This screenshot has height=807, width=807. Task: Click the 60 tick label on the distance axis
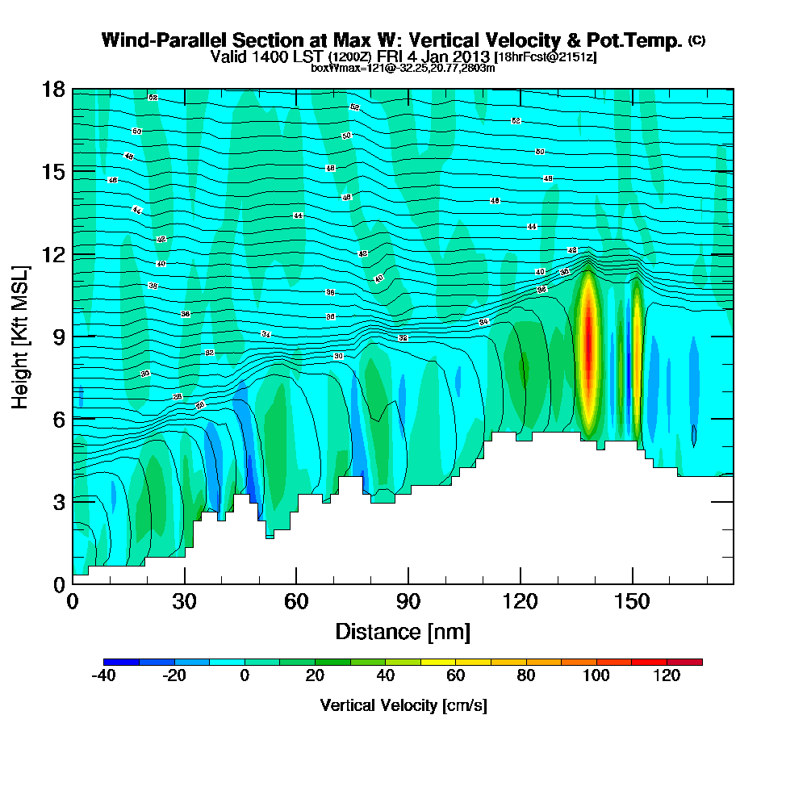296,601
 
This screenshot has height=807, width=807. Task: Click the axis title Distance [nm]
403,631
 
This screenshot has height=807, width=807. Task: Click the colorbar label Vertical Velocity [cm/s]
403,705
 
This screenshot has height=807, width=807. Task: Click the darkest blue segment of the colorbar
122,662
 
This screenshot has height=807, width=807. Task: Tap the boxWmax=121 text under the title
340,69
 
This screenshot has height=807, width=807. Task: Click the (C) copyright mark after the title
697,40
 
